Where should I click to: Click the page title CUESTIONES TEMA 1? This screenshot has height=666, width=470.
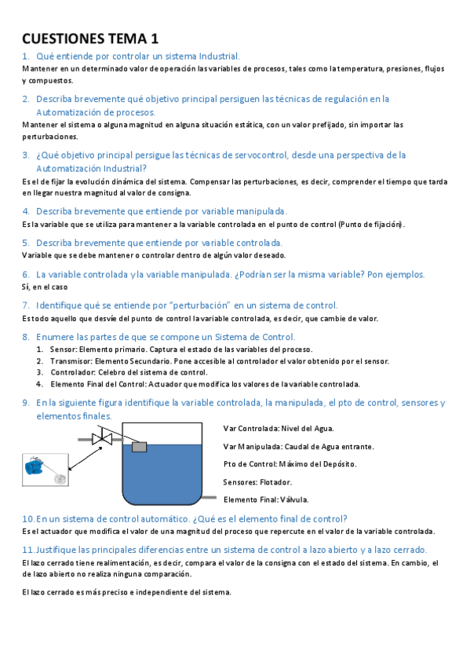(x=90, y=38)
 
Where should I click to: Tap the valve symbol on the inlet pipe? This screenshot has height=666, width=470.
(x=102, y=438)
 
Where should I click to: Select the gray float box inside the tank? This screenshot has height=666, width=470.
(x=140, y=446)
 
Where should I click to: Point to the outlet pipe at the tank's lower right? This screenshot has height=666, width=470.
(x=206, y=497)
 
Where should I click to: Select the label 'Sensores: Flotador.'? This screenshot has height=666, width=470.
(x=257, y=481)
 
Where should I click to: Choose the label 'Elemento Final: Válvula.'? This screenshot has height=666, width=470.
(x=266, y=499)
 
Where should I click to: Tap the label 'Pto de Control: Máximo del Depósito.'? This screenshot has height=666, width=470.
(x=290, y=463)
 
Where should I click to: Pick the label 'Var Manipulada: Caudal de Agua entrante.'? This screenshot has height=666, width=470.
(x=298, y=446)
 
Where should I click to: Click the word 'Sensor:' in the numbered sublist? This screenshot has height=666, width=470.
(x=63, y=349)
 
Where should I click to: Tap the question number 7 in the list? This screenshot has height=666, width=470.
(x=26, y=305)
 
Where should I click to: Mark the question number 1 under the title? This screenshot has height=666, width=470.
(x=26, y=56)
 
